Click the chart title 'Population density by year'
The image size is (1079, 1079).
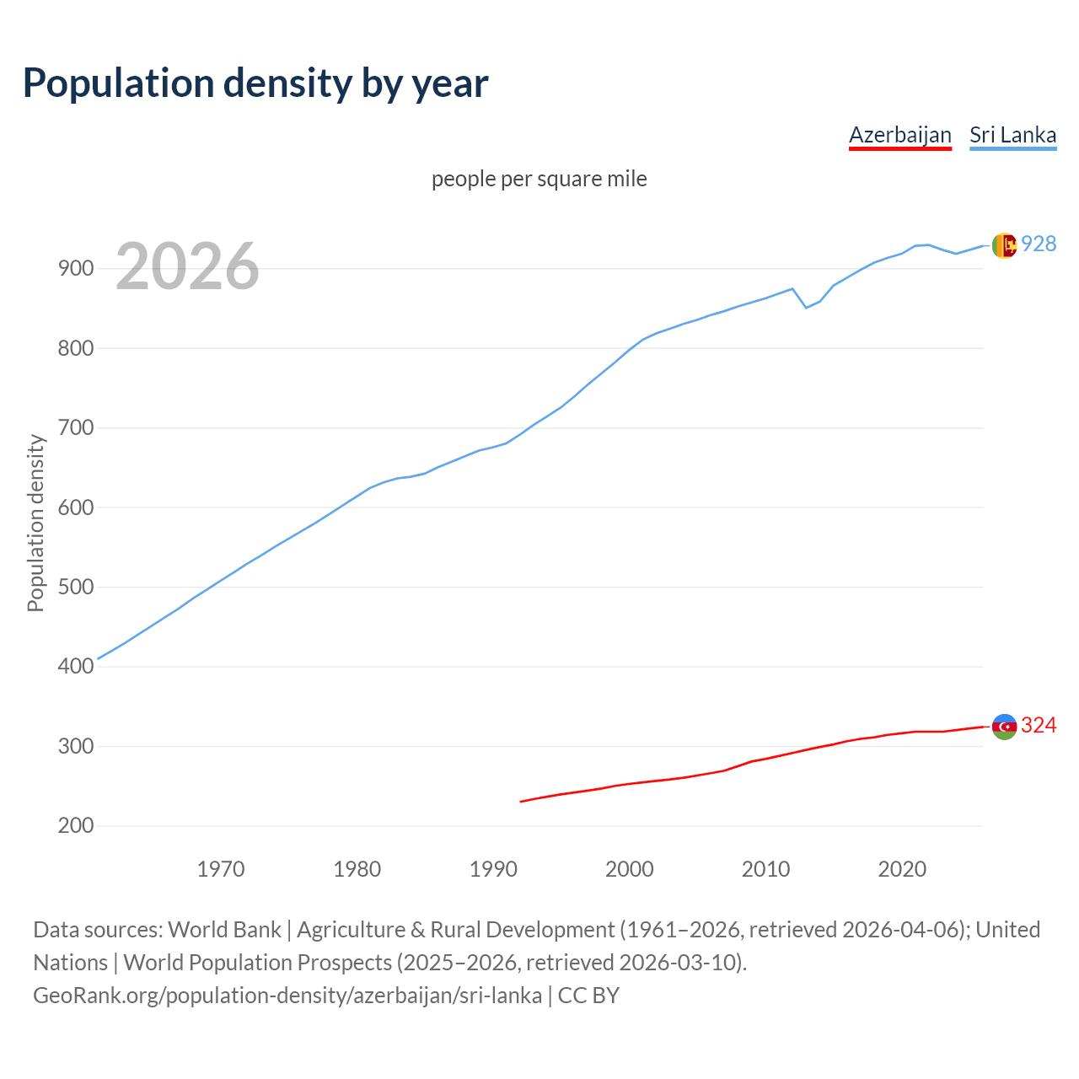coord(255,83)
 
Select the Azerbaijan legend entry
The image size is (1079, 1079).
coord(899,135)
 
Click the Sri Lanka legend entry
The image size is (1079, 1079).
coord(1012,135)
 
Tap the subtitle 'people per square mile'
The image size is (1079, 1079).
coord(539,179)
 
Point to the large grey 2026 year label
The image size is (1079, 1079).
coord(187,266)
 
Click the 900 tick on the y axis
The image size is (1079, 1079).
coord(75,269)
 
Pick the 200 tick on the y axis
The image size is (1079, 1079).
coord(75,826)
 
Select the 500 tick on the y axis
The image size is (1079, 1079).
coord(75,588)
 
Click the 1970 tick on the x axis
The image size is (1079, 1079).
coord(221,869)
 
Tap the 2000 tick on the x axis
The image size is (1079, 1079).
coord(630,869)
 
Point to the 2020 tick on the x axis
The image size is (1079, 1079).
coord(902,869)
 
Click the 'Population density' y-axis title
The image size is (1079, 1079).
coord(35,523)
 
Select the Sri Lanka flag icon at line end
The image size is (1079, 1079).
coord(1004,245)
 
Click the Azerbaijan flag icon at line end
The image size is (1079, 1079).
coord(1004,727)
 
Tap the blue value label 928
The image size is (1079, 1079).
coord(1039,244)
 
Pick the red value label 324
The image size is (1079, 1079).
coord(1039,726)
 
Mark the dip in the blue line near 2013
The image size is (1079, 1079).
coord(806,308)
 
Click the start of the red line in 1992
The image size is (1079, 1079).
coord(521,802)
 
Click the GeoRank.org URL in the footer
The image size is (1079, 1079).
coord(287,996)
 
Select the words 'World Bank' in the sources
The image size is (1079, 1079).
coord(224,930)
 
